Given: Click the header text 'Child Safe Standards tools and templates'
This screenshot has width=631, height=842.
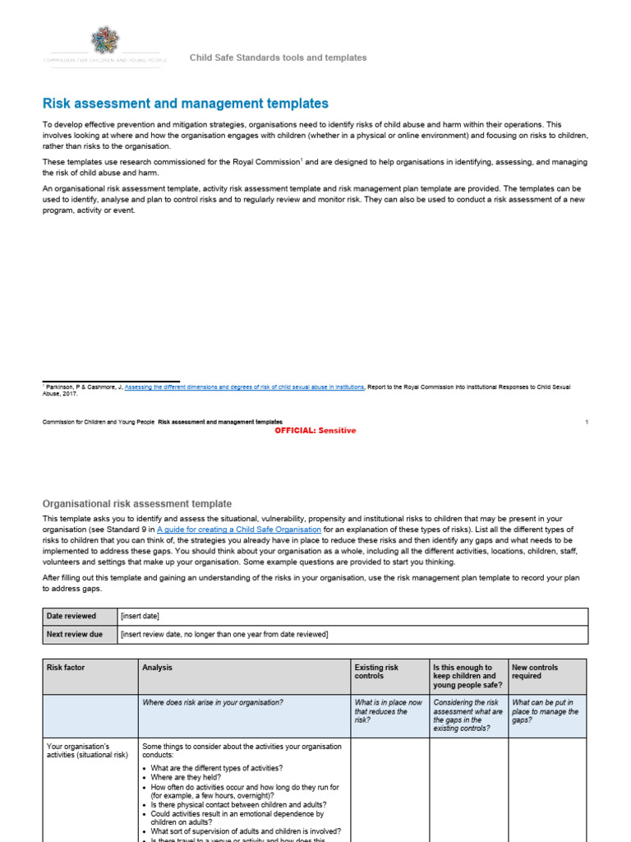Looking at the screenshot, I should (278, 58).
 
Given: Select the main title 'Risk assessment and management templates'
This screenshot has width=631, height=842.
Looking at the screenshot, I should (185, 104).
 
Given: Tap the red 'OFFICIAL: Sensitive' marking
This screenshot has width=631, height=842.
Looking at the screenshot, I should (310, 431).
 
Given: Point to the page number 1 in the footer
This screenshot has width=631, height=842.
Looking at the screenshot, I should (587, 421).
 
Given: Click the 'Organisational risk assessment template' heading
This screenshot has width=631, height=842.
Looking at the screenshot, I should (136, 503).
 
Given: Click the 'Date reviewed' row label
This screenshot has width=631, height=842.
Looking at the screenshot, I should (71, 616).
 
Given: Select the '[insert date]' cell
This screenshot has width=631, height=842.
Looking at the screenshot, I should (140, 616).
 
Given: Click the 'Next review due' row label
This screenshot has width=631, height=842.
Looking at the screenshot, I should (76, 634).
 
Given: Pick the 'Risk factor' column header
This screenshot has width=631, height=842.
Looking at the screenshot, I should (66, 668).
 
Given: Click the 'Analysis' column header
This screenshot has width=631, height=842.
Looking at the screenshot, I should (157, 668).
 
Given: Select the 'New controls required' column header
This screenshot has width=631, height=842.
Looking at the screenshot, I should (535, 672).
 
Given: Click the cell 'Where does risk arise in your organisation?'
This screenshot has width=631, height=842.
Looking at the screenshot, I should (213, 702).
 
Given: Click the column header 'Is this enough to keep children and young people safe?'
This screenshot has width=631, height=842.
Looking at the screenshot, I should (466, 676).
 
